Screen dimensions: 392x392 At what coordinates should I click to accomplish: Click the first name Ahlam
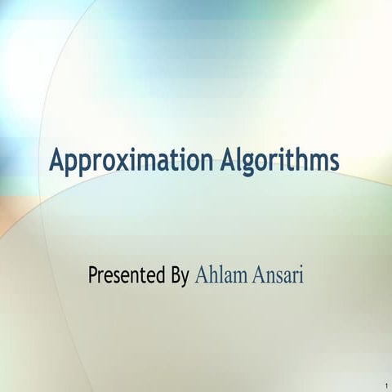pos(219,275)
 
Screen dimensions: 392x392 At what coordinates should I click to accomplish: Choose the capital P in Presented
pos(93,274)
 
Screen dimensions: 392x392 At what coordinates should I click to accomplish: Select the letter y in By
pos(186,278)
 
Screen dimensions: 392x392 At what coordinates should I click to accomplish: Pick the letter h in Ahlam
pos(211,274)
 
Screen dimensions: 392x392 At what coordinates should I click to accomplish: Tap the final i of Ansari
pos(301,274)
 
